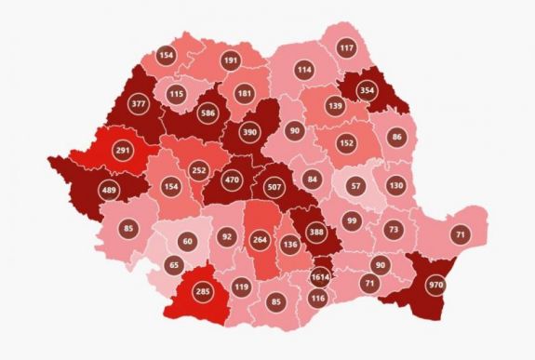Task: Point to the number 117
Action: pos(346,48)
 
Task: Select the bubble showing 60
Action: pos(187,242)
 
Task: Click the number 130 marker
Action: pos(395,185)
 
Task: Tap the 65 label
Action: pos(173,265)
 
